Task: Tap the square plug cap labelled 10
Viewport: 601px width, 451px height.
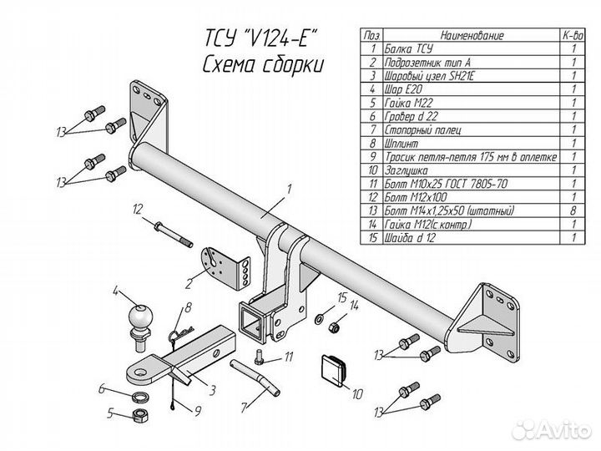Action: click(x=334, y=368)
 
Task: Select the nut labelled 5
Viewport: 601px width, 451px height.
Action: click(x=142, y=414)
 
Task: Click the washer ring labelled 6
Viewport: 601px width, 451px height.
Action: click(x=142, y=393)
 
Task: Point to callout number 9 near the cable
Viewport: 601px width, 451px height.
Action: click(x=199, y=409)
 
